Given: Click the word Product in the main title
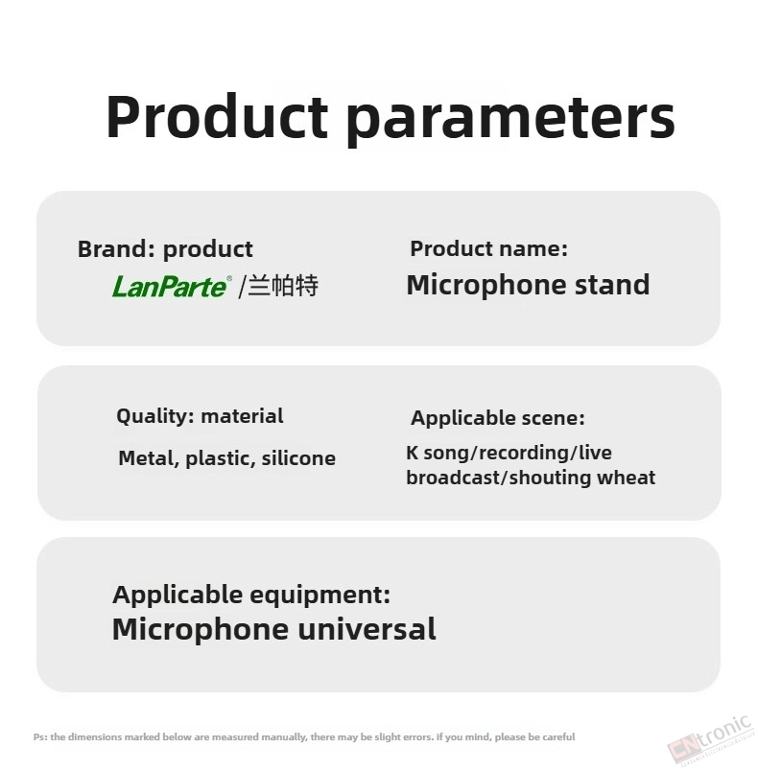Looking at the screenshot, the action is [x=217, y=117].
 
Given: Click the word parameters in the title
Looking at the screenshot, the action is [x=510, y=121].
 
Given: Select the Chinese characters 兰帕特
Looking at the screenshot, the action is [x=283, y=286].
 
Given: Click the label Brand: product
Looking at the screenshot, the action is [x=165, y=249].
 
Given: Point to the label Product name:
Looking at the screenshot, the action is [x=489, y=248].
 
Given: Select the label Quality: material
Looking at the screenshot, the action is [x=200, y=416].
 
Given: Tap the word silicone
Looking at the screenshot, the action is [x=298, y=458].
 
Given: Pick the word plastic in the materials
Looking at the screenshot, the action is [x=221, y=459].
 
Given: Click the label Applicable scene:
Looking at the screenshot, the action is [x=498, y=418].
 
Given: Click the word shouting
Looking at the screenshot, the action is [x=552, y=478].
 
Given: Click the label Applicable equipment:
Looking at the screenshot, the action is [x=251, y=595].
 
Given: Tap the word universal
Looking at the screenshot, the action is [x=367, y=629].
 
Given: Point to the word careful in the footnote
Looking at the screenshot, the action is [x=558, y=737].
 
